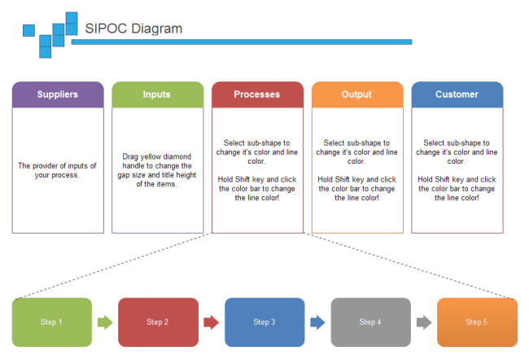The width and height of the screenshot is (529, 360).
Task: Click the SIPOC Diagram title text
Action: tap(133, 29)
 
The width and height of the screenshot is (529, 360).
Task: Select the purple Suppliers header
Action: tap(58, 94)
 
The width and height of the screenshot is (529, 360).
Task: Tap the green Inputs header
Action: tap(157, 94)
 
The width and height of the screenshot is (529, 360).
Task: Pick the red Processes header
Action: tap(257, 94)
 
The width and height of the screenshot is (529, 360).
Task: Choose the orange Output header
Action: tap(356, 94)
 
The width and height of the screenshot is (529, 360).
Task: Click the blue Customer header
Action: tap(457, 94)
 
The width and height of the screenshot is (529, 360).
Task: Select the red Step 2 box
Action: tap(158, 322)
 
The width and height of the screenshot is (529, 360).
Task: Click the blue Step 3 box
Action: tap(264, 322)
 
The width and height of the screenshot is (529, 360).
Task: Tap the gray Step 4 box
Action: tap(370, 322)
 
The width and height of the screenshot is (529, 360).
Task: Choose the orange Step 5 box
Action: tap(477, 322)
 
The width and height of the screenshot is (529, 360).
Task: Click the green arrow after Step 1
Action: tap(105, 322)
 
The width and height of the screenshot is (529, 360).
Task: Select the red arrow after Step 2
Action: tap(212, 322)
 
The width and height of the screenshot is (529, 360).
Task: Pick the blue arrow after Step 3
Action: tap(317, 322)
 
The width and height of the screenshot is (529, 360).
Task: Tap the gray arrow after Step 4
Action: tap(424, 322)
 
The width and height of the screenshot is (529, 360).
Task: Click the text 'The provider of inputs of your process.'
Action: tap(58, 170)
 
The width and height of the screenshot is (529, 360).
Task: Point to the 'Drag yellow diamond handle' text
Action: tap(157, 169)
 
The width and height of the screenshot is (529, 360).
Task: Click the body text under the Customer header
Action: tap(457, 169)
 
